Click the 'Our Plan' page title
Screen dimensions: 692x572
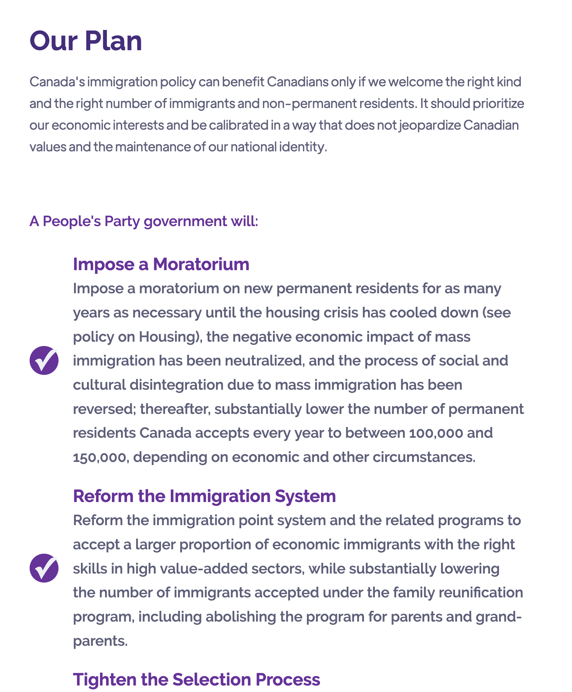[x=86, y=41]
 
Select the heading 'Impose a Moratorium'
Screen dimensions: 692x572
[x=161, y=264]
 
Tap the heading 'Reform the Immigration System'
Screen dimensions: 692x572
[x=204, y=496]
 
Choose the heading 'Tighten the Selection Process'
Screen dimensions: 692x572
[x=196, y=679]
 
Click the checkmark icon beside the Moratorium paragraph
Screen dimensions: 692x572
[x=44, y=360]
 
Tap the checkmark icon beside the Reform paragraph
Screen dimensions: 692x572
[x=44, y=568]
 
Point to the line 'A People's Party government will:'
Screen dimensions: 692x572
[x=144, y=221]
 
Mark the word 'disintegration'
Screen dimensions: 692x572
[x=176, y=385]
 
